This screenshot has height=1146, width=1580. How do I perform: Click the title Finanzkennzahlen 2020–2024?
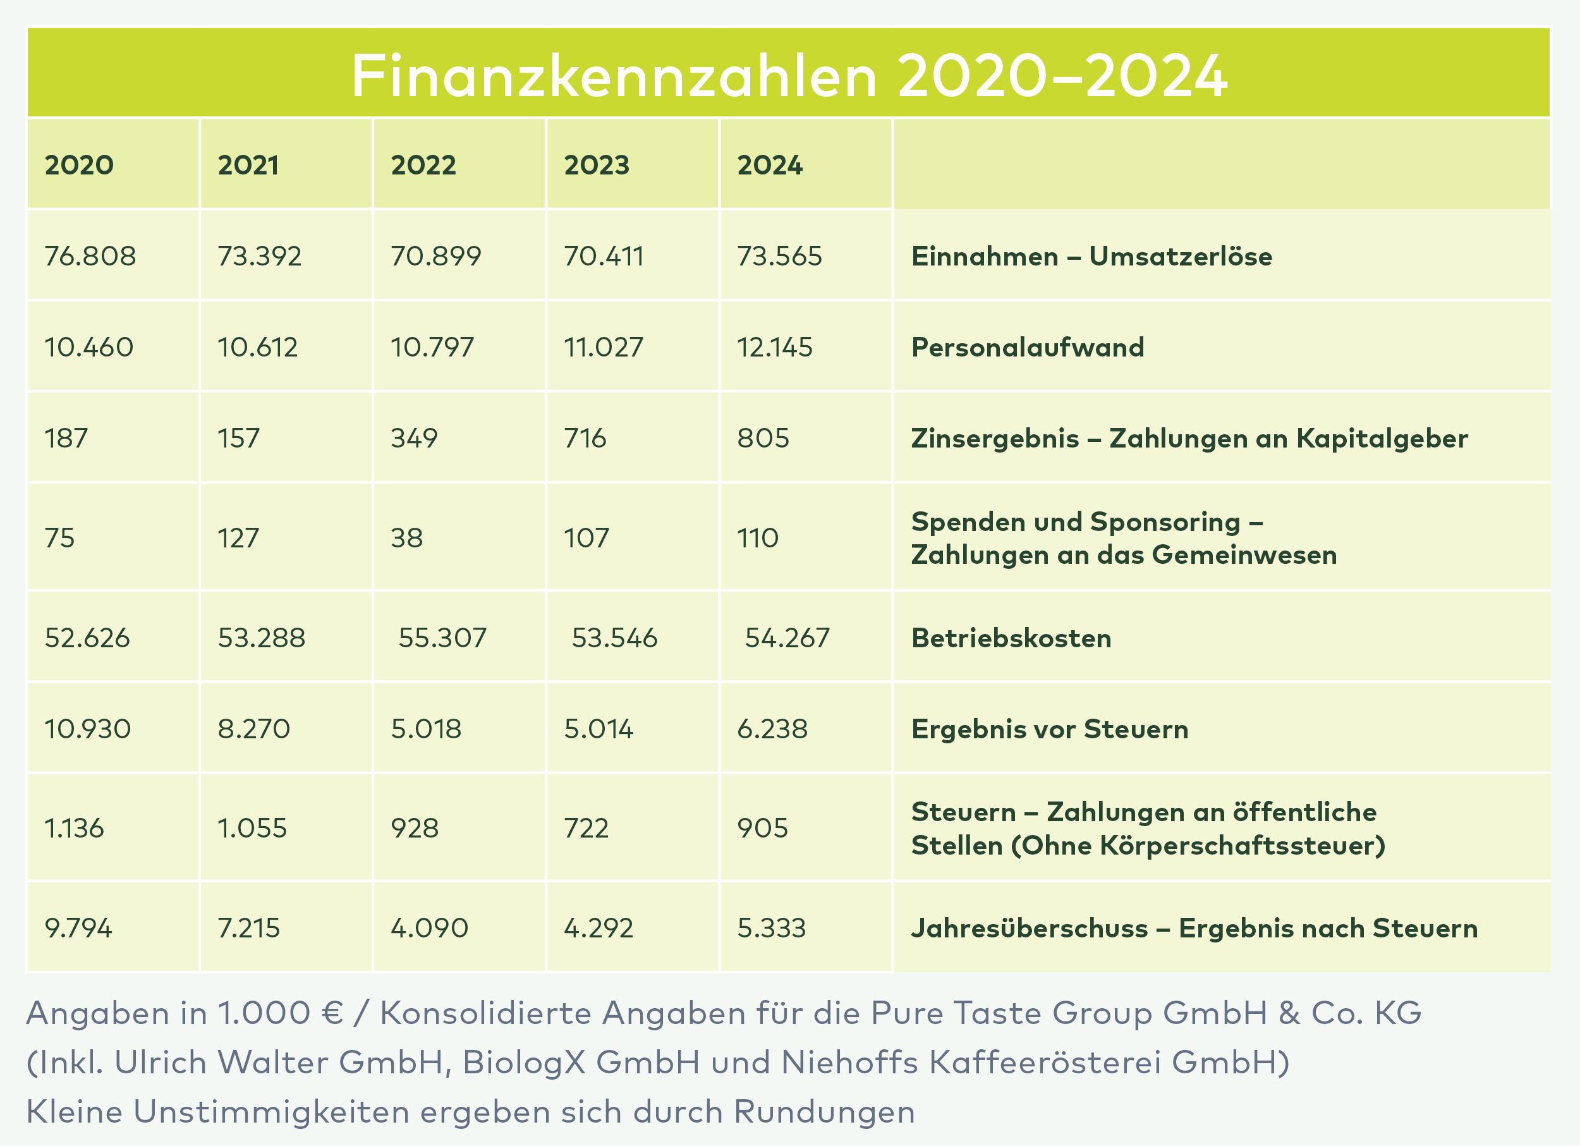click(x=789, y=75)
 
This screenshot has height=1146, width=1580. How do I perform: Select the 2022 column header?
click(x=423, y=165)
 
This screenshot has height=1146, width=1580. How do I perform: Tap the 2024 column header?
click(x=770, y=165)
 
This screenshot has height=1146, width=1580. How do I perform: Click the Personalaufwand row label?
click(x=1028, y=347)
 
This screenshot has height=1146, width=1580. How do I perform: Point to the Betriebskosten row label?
click(x=1011, y=638)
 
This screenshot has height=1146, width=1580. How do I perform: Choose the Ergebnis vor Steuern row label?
click(x=1050, y=729)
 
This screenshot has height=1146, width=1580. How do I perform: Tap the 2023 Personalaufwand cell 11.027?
click(x=604, y=347)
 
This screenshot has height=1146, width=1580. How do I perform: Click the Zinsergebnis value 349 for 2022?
click(x=415, y=438)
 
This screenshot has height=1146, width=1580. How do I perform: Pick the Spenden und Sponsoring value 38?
click(x=407, y=538)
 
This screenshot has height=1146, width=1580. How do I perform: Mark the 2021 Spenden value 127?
click(x=238, y=538)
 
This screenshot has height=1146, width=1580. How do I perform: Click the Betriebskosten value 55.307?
click(x=442, y=638)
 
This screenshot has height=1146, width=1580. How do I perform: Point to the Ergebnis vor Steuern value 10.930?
click(x=88, y=729)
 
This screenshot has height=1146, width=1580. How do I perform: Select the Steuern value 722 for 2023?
click(x=586, y=828)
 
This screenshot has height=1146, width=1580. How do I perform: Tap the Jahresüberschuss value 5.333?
click(x=772, y=928)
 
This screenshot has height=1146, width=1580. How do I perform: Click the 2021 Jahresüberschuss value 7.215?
click(x=249, y=928)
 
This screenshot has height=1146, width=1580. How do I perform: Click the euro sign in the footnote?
click(x=333, y=1013)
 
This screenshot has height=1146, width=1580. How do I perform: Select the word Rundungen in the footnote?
click(x=824, y=1112)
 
